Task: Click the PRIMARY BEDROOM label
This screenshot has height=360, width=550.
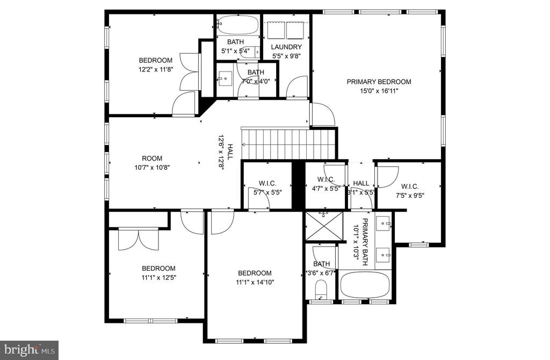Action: (x=379, y=82)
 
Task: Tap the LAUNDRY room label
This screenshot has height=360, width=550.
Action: (x=286, y=47)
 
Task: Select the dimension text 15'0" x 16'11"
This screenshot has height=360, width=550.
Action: (x=379, y=91)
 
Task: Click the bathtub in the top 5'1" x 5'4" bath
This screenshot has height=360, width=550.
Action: (x=237, y=25)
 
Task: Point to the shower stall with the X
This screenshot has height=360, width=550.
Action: (x=324, y=226)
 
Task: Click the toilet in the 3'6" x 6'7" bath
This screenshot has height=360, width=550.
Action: (x=321, y=289)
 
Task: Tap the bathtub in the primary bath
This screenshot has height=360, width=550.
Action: (x=365, y=284)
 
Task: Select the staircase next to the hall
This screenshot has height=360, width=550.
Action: (x=288, y=144)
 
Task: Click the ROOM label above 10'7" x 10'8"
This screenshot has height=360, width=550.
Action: (x=152, y=159)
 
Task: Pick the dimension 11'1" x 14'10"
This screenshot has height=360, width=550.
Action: (x=255, y=282)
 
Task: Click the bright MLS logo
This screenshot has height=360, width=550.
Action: (x=29, y=350)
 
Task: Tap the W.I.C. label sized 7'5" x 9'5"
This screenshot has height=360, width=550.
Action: (x=410, y=186)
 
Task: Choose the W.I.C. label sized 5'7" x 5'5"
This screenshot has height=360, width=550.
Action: (x=267, y=183)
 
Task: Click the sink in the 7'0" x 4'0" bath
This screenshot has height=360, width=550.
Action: (x=225, y=79)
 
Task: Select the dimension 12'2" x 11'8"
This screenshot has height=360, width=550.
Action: (x=156, y=69)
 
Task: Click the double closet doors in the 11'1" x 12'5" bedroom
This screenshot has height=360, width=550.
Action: (x=139, y=239)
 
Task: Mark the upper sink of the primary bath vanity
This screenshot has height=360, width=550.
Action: (x=383, y=223)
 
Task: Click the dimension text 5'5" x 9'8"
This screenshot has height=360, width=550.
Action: (x=286, y=56)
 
